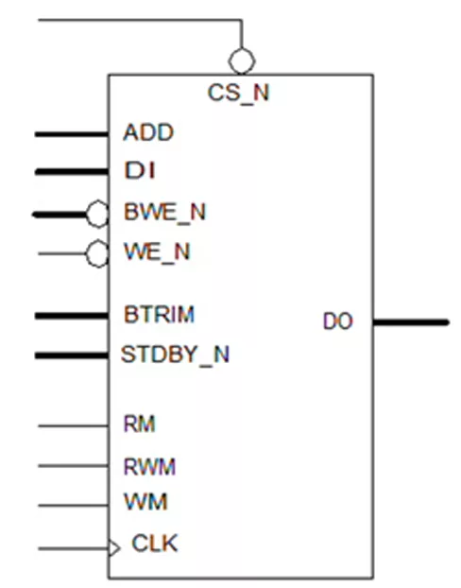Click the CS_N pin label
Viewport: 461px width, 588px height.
tap(238, 93)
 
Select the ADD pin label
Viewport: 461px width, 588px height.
tap(148, 132)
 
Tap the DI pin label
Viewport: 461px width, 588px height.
tap(140, 170)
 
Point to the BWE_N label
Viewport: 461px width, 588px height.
tap(165, 213)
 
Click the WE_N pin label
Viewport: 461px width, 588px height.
tap(157, 251)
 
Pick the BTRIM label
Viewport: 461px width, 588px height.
tap(160, 314)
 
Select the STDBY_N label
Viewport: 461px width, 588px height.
tap(175, 355)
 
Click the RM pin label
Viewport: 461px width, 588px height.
tap(139, 424)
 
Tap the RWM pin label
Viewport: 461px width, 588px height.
tap(149, 467)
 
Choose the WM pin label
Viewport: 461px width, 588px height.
tap(145, 501)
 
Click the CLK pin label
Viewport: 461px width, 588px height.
tap(155, 543)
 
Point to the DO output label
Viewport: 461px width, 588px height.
tap(337, 321)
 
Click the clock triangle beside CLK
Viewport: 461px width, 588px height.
tap(114, 548)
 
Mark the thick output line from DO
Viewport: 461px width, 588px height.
tap(411, 322)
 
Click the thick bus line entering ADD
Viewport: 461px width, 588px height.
tap(72, 134)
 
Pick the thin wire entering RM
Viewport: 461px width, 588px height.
tap(73, 426)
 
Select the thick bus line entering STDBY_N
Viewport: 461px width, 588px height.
tap(72, 355)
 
